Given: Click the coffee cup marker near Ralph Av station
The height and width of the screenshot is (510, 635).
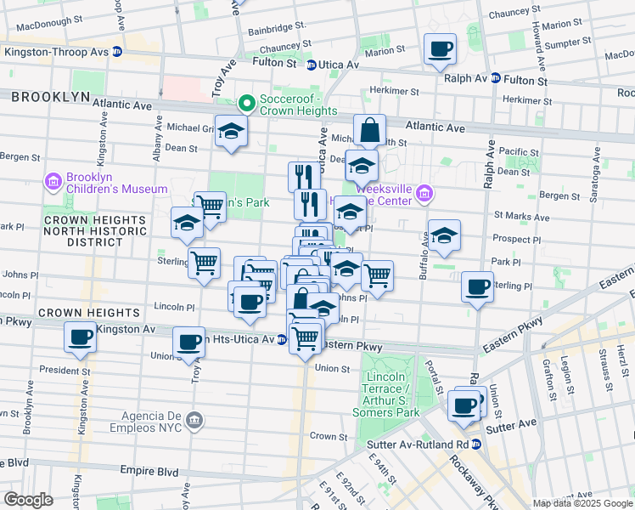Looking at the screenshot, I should click(440, 49).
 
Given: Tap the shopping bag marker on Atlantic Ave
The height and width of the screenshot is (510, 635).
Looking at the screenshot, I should click(369, 131).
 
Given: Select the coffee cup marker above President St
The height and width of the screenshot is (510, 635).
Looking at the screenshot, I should click(81, 337).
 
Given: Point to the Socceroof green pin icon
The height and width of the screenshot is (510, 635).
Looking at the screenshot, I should click(247, 104).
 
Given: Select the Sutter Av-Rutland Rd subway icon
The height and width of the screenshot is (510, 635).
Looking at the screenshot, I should click(476, 444).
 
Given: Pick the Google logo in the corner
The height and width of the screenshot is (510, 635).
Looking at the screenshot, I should click(29, 499).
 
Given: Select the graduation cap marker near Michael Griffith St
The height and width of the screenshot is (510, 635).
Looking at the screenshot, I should click(231, 132).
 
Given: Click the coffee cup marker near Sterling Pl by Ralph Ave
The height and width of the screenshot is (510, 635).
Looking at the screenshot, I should click(478, 286).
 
